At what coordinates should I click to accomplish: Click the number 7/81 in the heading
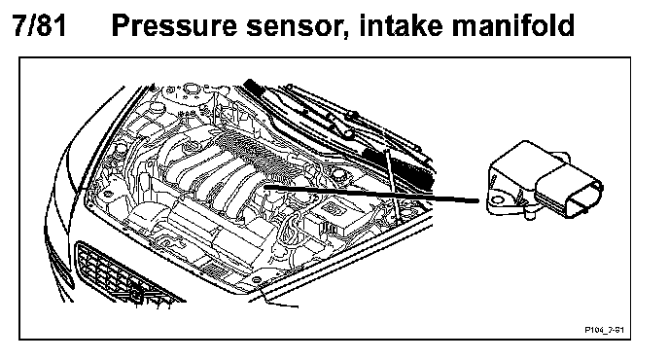pos(40,25)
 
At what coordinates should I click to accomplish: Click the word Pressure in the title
pos(174,25)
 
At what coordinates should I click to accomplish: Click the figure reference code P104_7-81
pos(604,330)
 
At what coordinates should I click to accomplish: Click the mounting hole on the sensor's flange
pos(496,199)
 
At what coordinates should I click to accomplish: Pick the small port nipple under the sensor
pos(530,213)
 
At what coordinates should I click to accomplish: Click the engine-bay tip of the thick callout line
pos(265,187)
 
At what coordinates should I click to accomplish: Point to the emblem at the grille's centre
pos(136,293)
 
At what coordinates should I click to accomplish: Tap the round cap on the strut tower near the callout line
pos(338,174)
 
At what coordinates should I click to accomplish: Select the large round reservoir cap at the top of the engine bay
pos(191,90)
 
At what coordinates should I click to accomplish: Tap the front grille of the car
pos(123,274)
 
